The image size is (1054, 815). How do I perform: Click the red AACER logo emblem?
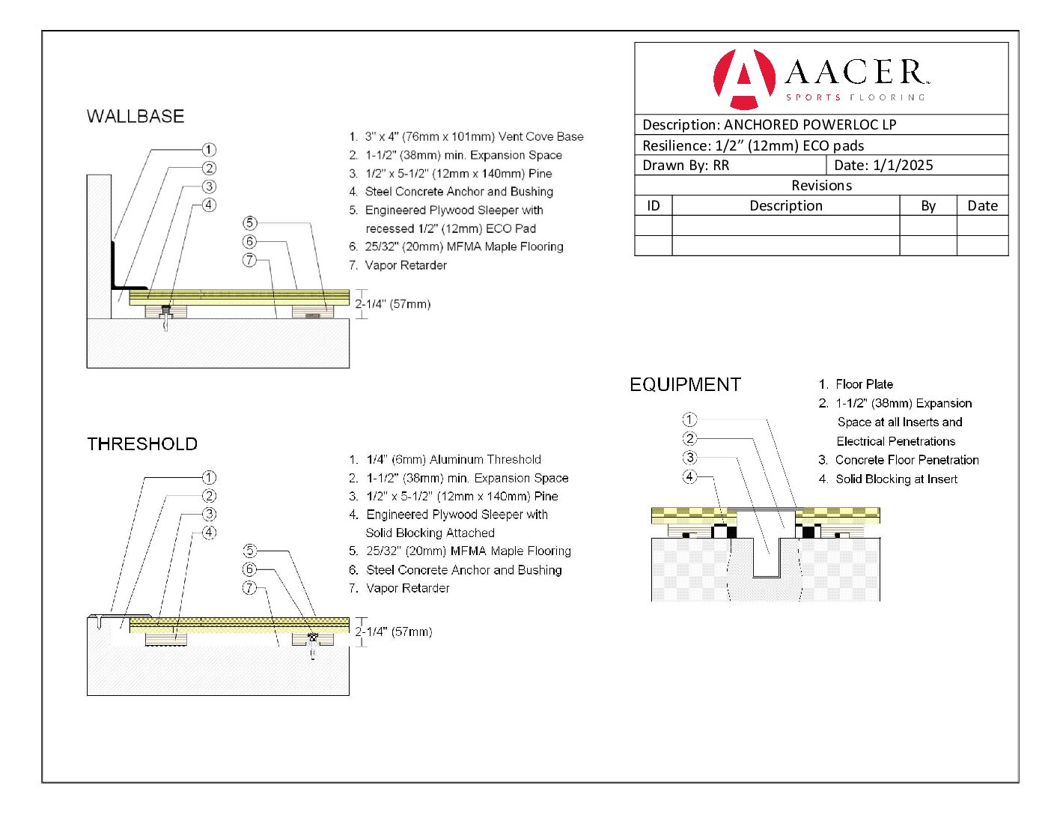[743, 78]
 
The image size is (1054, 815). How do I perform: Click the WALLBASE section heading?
[135, 116]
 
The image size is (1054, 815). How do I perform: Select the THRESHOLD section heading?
[142, 444]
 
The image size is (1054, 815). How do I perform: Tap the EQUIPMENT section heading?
[685, 385]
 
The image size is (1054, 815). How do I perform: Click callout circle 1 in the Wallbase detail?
[210, 150]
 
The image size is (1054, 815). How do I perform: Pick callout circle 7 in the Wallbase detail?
[250, 260]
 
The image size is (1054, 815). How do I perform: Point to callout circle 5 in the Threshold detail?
[250, 551]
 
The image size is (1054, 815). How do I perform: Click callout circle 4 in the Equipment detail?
[689, 476]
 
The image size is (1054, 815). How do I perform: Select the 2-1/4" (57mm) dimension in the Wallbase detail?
[393, 304]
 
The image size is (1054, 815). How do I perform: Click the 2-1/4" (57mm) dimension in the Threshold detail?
[394, 631]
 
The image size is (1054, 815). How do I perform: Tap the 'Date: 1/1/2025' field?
[883, 166]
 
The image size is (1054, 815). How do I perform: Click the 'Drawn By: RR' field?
[686, 166]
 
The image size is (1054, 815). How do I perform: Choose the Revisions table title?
[821, 186]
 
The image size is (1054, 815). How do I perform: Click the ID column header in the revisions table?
[654, 206]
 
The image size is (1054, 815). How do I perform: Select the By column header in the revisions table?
[928, 206]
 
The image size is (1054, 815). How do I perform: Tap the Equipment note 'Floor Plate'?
[864, 384]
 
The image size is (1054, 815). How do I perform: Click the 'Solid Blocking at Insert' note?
[896, 479]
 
